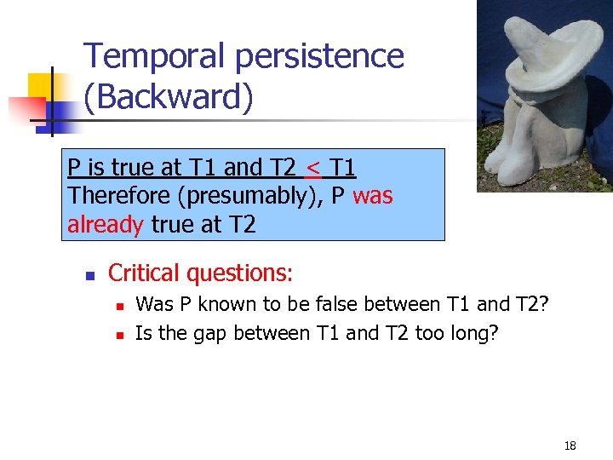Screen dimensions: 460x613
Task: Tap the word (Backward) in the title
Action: click(x=169, y=97)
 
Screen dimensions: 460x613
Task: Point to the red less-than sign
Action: click(x=313, y=166)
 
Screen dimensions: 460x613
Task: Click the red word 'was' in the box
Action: click(x=372, y=195)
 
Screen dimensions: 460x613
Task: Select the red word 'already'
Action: click(x=106, y=225)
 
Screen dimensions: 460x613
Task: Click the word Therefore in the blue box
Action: click(x=118, y=195)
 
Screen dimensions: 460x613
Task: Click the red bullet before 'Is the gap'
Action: click(x=120, y=335)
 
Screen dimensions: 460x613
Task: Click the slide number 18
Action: click(x=570, y=446)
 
